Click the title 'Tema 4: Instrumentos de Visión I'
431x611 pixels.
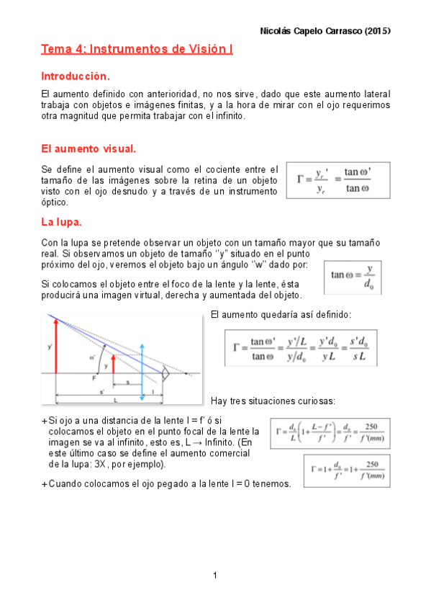(x=137, y=49)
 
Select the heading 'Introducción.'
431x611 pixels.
(x=76, y=76)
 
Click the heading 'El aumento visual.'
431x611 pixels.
(x=89, y=148)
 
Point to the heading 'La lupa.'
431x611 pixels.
(x=62, y=220)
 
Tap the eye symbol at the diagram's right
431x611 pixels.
(x=165, y=375)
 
